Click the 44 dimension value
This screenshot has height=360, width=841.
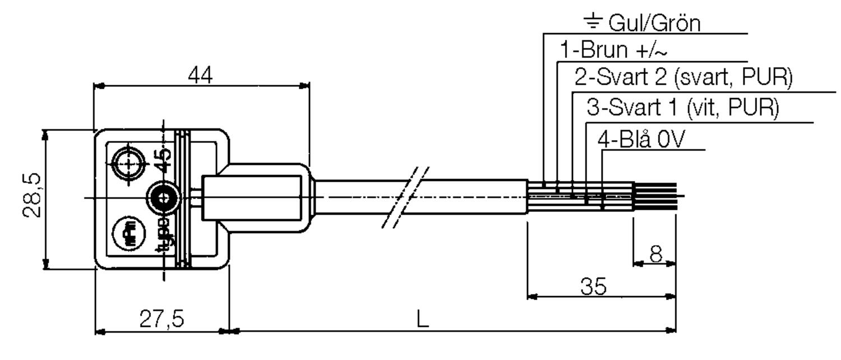(200, 76)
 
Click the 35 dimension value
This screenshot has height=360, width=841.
(593, 287)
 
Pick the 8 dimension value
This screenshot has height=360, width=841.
(655, 255)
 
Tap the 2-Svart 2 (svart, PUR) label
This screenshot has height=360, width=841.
(683, 78)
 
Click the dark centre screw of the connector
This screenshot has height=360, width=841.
(163, 198)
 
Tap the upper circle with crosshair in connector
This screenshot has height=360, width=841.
(128, 163)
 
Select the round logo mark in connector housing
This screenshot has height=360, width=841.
(127, 230)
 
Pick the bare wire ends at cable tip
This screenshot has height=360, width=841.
(655, 197)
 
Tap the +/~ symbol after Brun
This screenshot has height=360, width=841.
(651, 50)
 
